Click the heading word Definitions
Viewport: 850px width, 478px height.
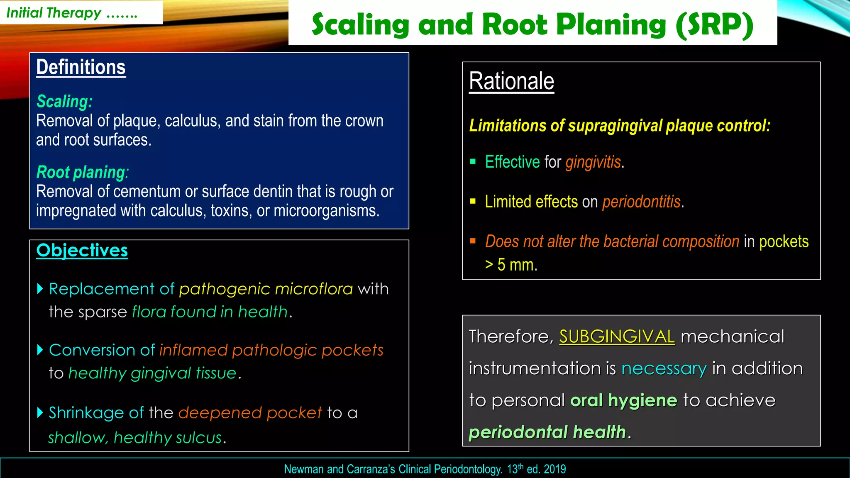81,67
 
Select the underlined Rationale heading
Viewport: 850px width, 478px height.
511,81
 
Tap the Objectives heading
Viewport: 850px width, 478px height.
82,250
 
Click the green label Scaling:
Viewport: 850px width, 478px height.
64,102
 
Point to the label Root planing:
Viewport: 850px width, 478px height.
82,172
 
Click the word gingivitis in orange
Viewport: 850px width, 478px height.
593,162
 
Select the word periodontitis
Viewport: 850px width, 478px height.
641,202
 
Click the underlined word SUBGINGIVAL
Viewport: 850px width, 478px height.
617,337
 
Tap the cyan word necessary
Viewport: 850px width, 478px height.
664,368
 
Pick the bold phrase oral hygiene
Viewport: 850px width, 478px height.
623,400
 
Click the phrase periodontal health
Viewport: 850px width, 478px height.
547,432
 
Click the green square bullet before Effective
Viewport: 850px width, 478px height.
473,162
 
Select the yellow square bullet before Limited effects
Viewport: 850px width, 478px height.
473,202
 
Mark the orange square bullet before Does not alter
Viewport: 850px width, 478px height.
473,241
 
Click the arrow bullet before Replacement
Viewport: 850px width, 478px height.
40,289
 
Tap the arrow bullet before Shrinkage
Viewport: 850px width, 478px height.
40,412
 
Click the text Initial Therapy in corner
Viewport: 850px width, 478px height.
54,13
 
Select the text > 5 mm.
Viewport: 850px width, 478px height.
511,265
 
